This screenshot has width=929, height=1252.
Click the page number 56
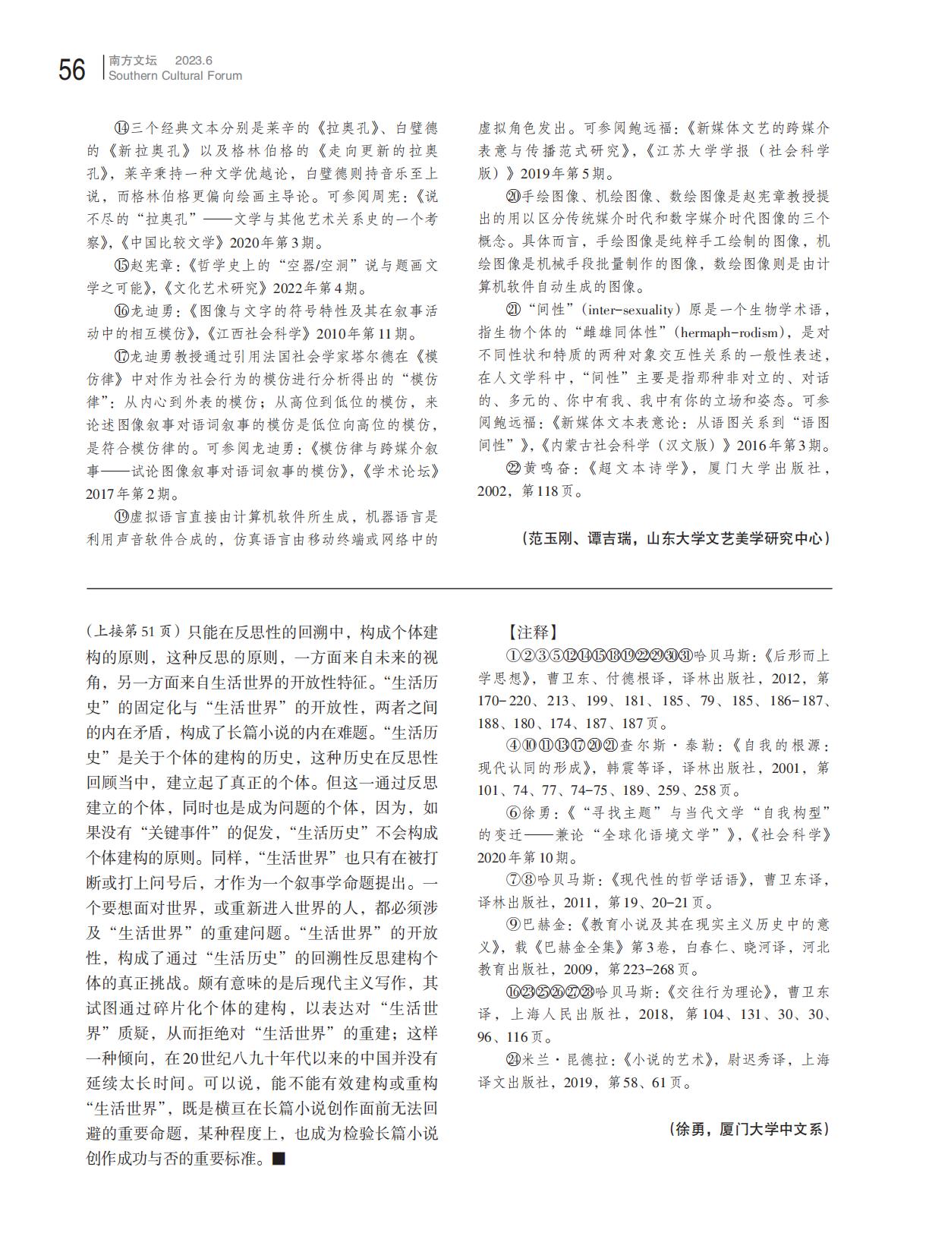click(x=72, y=70)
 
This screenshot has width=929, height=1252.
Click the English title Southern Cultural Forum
click(x=175, y=76)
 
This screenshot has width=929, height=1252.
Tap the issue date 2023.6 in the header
click(x=194, y=60)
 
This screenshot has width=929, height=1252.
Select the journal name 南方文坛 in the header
click(x=133, y=60)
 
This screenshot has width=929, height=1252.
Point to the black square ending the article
click(x=279, y=1159)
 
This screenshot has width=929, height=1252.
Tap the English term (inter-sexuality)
click(x=628, y=310)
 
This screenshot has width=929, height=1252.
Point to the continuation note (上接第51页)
click(x=133, y=632)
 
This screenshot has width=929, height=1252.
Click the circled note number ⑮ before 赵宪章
click(x=121, y=266)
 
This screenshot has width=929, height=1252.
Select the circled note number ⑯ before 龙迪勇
click(x=121, y=311)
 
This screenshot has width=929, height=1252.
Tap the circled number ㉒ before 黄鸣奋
click(x=512, y=468)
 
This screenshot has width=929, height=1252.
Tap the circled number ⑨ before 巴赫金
click(x=512, y=925)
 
